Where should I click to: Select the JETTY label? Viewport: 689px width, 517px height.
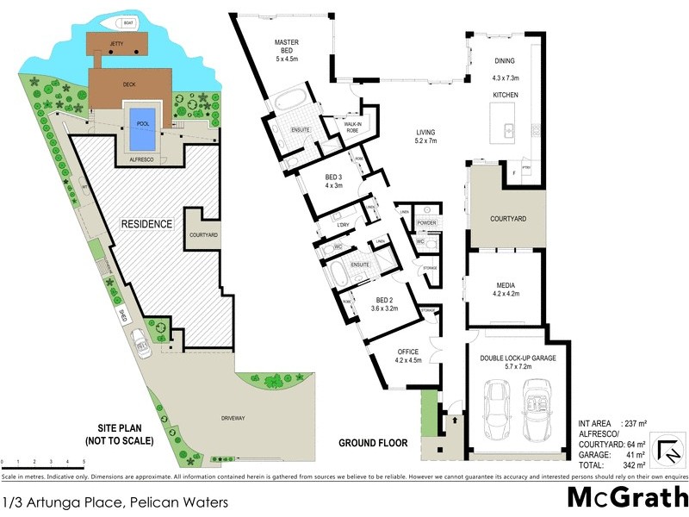click(x=117, y=42)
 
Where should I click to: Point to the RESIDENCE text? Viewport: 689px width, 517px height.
click(x=146, y=224)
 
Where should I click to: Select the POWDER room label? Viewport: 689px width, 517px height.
click(x=427, y=223)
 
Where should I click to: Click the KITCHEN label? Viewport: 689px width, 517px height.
click(x=505, y=94)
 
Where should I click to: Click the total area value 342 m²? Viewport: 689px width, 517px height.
click(x=630, y=464)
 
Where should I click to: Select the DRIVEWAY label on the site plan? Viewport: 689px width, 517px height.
click(x=233, y=418)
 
